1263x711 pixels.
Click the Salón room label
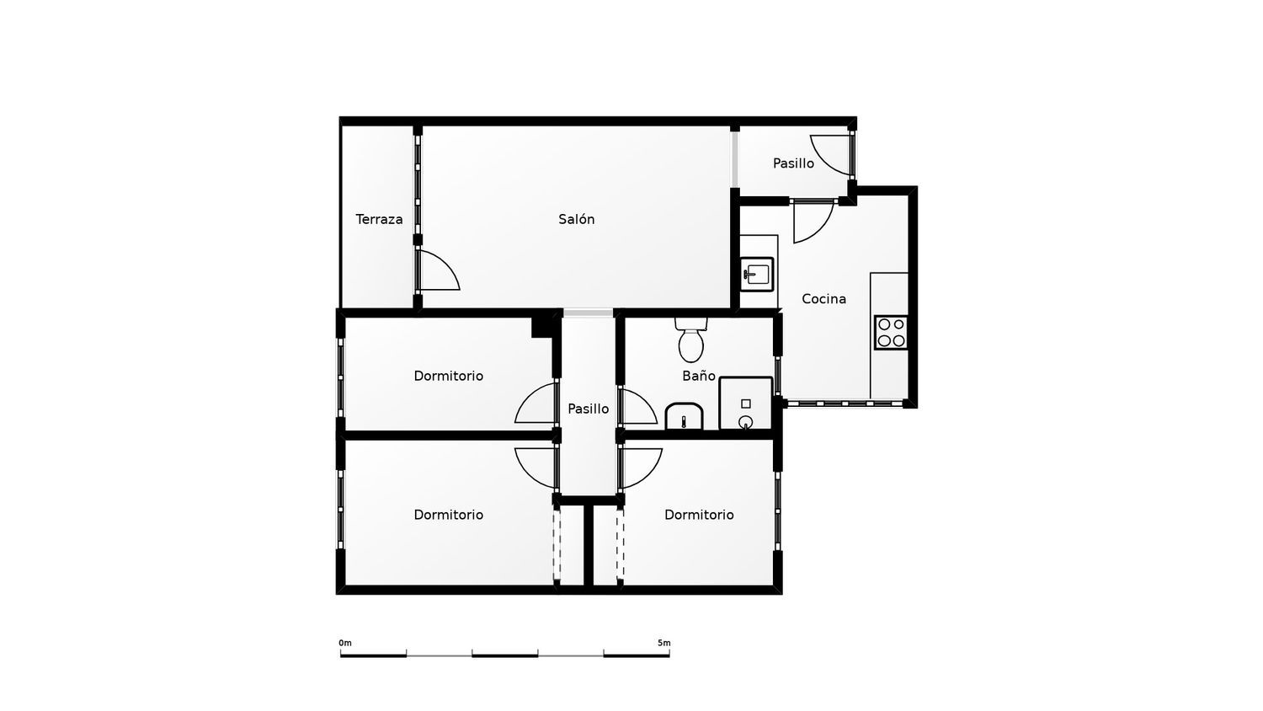576,219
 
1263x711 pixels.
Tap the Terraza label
379,219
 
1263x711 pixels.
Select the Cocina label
823,298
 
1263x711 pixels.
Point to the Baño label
699,375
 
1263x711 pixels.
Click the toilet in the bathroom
690,339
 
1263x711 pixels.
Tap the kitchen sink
757,275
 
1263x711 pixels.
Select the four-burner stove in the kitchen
892,333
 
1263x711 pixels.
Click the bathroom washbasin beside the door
684,416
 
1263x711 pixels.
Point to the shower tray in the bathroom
746,403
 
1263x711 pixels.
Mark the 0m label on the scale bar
345,643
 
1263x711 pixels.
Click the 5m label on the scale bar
664,643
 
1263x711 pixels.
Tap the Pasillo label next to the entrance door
793,163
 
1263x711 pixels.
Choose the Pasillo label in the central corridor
588,409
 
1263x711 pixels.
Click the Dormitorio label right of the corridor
699,515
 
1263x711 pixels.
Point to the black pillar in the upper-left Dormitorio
542,328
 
